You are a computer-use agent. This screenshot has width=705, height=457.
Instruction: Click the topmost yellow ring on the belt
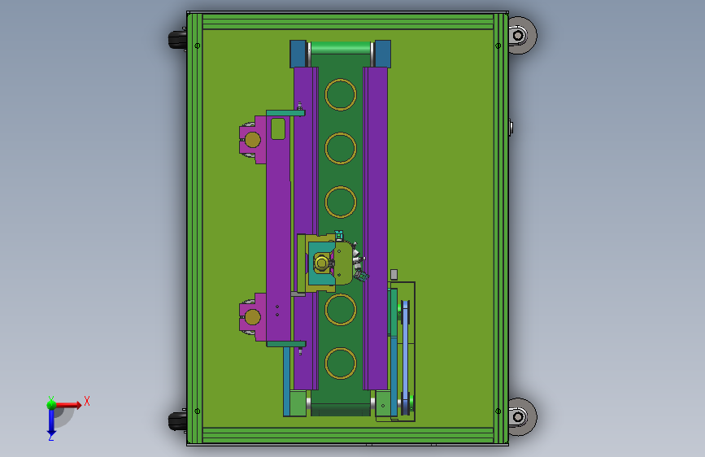coord(325,94)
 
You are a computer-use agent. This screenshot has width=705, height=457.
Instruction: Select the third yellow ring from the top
coord(325,202)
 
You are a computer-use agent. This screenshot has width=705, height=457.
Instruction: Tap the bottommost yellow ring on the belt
coord(325,363)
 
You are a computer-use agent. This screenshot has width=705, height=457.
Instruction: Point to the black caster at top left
coord(177,39)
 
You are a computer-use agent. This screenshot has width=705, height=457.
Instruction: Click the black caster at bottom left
coord(177,421)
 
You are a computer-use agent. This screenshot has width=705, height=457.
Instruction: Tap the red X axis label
coord(87,401)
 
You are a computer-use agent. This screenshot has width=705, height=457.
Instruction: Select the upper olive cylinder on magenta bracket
coord(252,140)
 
